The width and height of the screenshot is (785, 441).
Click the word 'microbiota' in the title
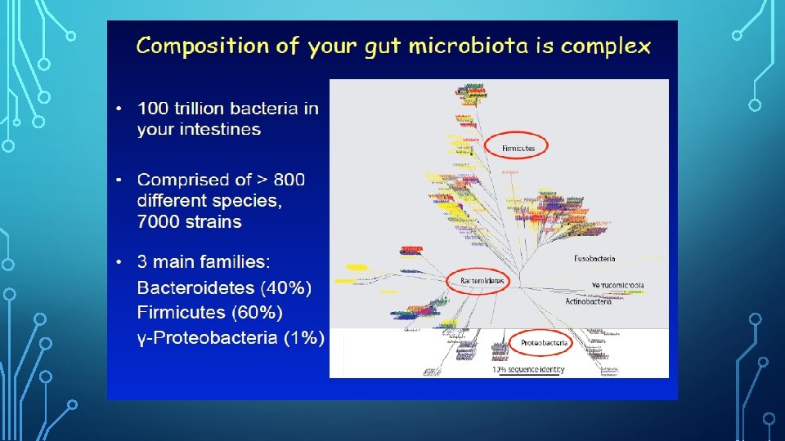tap(461, 46)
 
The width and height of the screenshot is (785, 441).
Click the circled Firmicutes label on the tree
tap(518, 148)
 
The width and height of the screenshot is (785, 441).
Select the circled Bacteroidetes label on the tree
tap(480, 281)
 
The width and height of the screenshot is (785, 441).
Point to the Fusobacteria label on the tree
tap(594, 258)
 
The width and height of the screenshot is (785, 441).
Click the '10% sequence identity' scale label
tap(528, 370)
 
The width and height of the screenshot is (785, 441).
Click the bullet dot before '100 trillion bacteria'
tap(119, 109)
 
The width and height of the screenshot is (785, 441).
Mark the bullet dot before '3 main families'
tap(119, 263)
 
